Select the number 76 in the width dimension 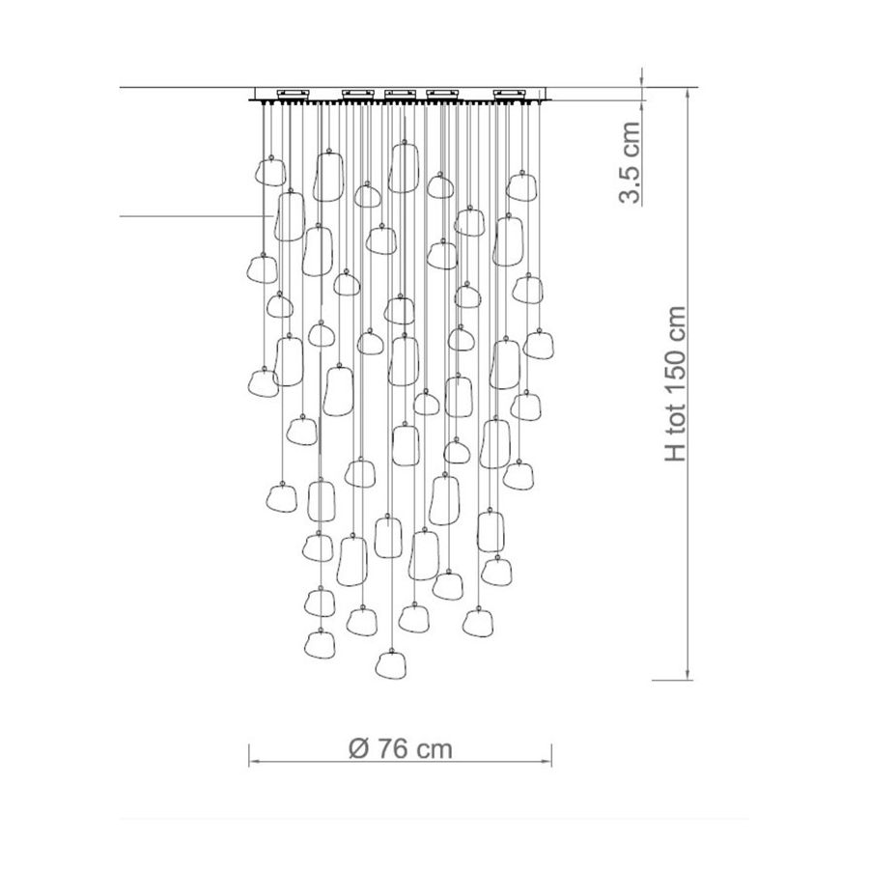pyautogui.click(x=394, y=748)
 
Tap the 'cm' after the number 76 pyautogui.click(x=434, y=751)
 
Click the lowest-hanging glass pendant pyautogui.click(x=390, y=664)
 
